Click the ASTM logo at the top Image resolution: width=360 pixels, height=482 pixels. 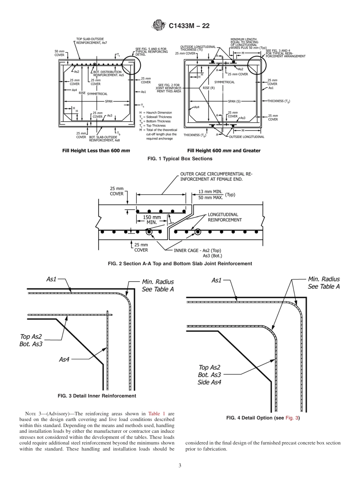[x=158, y=26]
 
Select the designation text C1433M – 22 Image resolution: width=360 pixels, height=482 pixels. [x=189, y=26]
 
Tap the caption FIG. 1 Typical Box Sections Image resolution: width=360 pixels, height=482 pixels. [x=180, y=158]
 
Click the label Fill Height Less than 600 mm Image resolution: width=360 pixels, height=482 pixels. [x=96, y=150]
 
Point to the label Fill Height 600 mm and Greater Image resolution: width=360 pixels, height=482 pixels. [x=224, y=150]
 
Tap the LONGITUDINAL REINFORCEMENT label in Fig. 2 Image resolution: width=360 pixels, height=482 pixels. [x=224, y=217]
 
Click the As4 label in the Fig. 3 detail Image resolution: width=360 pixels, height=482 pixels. [x=64, y=359]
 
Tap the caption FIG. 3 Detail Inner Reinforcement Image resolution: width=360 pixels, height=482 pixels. [x=97, y=396]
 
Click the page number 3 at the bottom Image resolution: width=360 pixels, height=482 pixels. [x=180, y=465]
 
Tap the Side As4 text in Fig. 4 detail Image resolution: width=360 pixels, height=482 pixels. [x=209, y=382]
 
